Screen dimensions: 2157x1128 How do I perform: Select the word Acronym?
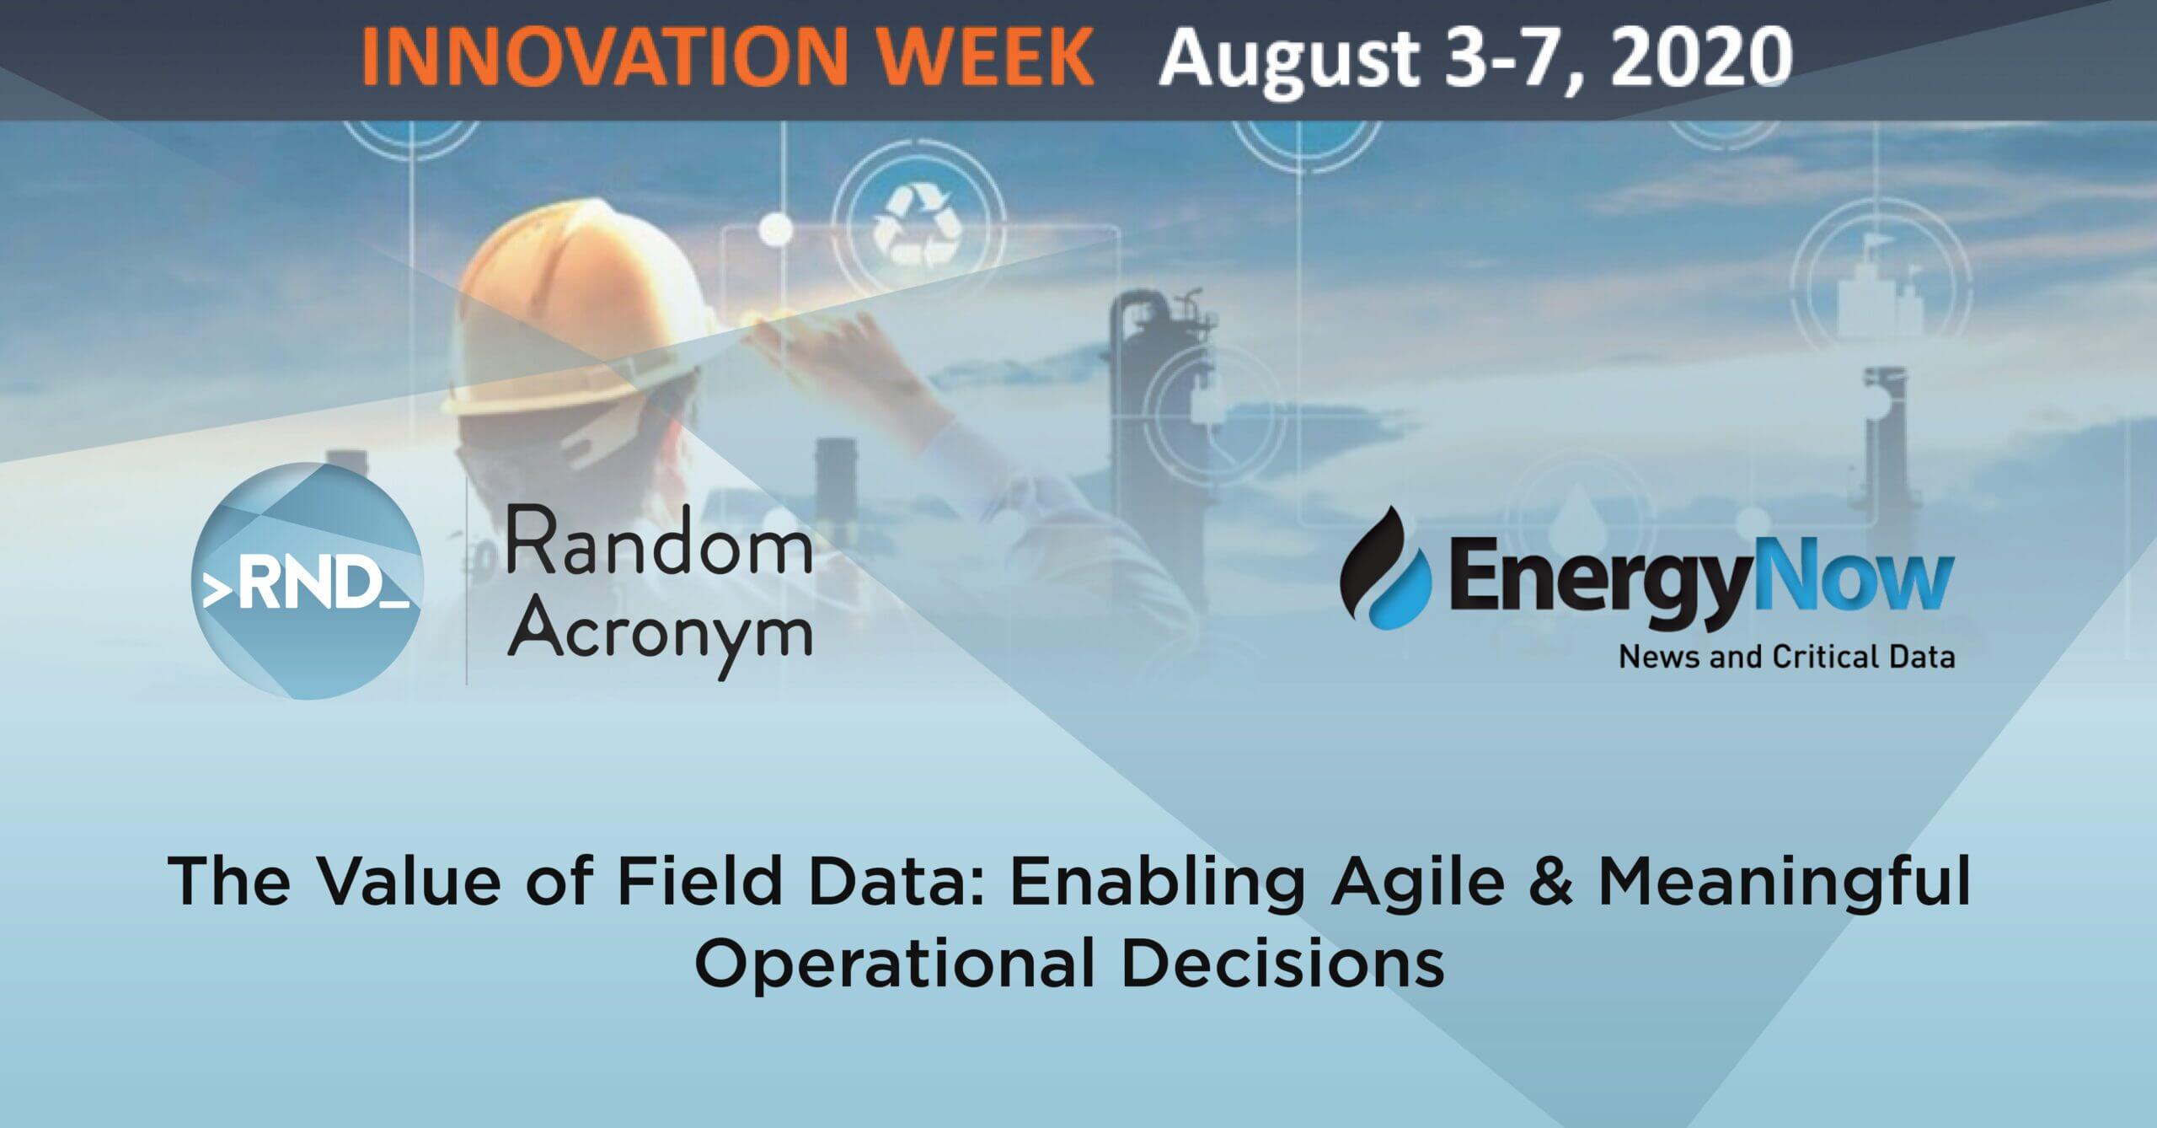(x=658, y=637)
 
